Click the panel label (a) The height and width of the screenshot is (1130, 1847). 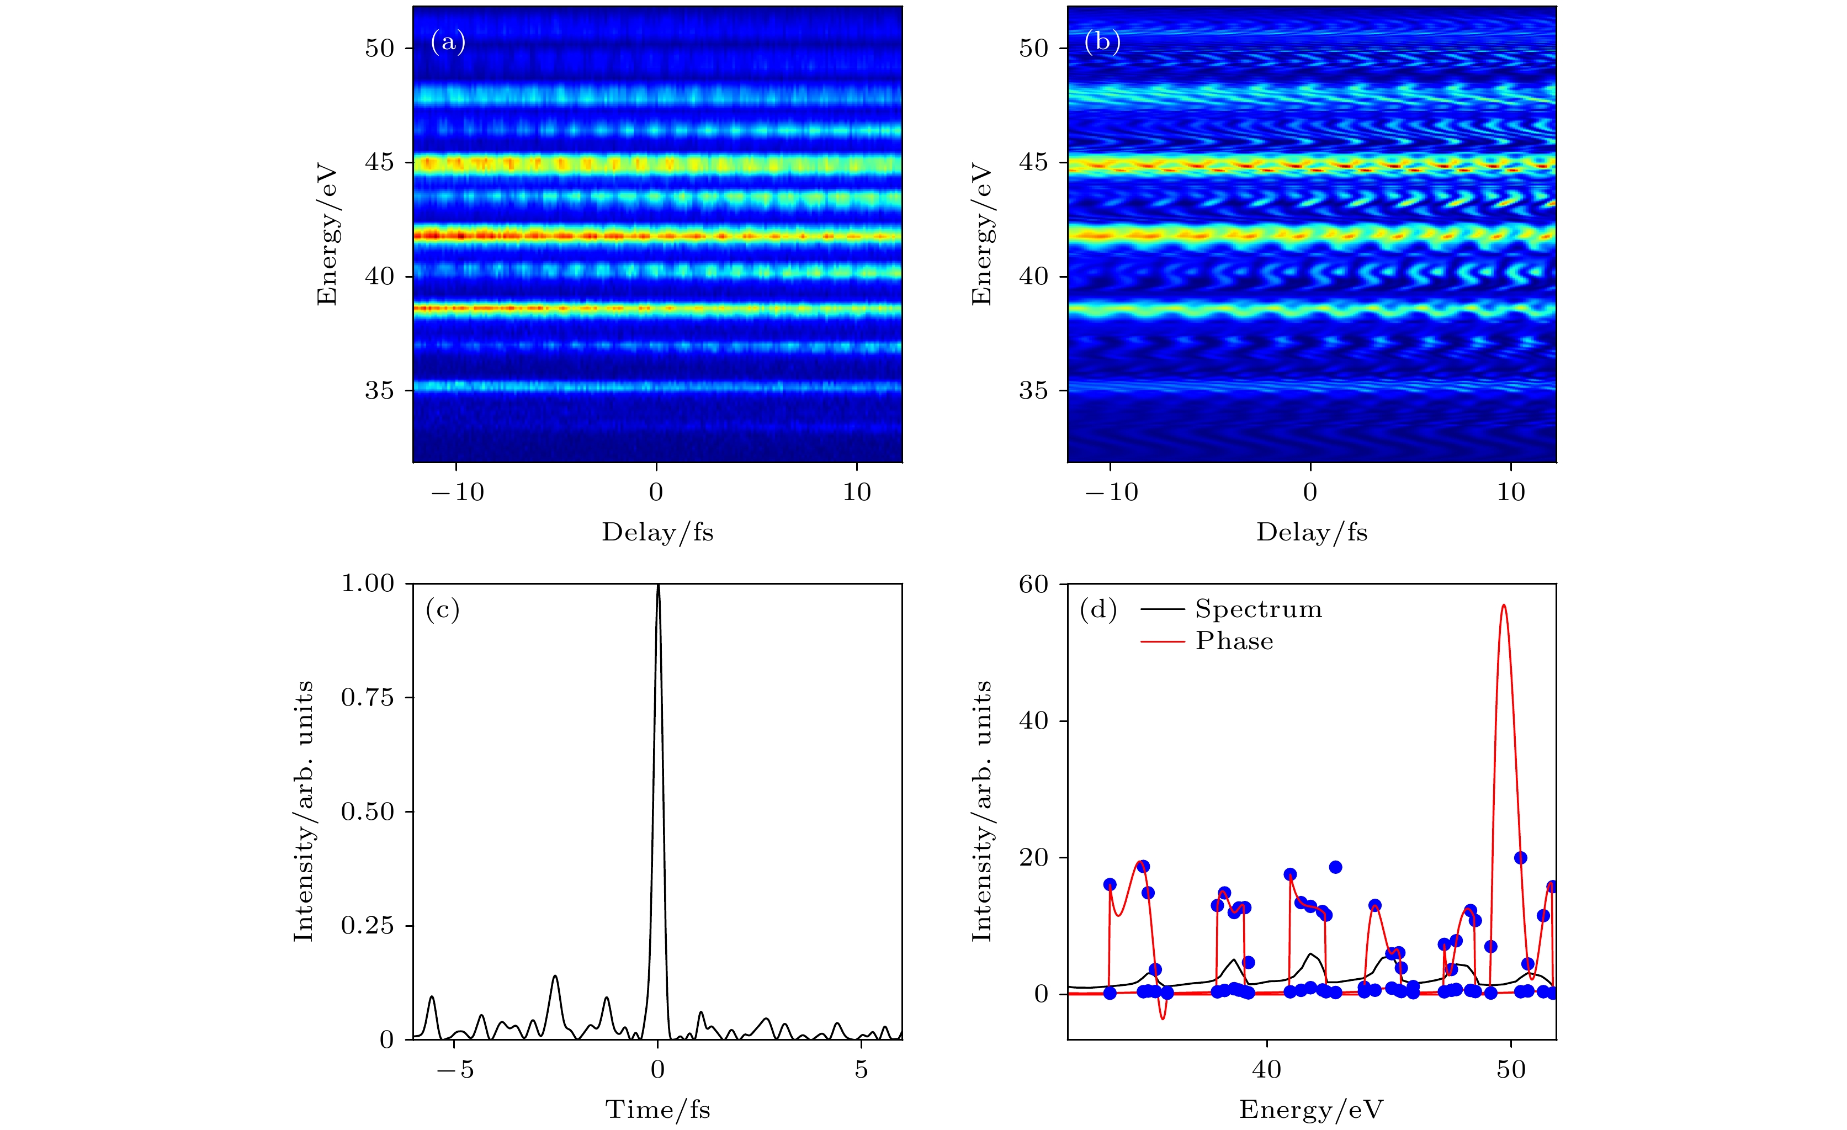coord(448,42)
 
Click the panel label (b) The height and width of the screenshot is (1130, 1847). coord(1102,42)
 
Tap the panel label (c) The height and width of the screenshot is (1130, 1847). coord(442,611)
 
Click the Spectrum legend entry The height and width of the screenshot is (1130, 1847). coord(1258,609)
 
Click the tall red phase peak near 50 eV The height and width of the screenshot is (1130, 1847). coord(1504,606)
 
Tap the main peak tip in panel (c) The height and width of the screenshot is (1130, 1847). coord(658,586)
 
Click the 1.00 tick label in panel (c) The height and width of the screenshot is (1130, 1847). coord(367,583)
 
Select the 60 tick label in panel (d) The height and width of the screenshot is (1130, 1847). coord(1033,584)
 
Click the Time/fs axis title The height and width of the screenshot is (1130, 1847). coord(657,1110)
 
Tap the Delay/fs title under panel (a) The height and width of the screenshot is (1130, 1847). coord(657,532)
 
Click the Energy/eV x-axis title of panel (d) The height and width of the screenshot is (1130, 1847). coord(1311,1110)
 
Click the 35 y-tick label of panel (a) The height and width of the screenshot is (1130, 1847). coord(379,391)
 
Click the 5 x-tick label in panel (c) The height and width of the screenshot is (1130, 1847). coord(861,1070)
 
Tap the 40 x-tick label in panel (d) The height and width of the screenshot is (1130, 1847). coord(1267,1070)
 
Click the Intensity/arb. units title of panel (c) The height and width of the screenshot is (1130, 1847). coord(304,811)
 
